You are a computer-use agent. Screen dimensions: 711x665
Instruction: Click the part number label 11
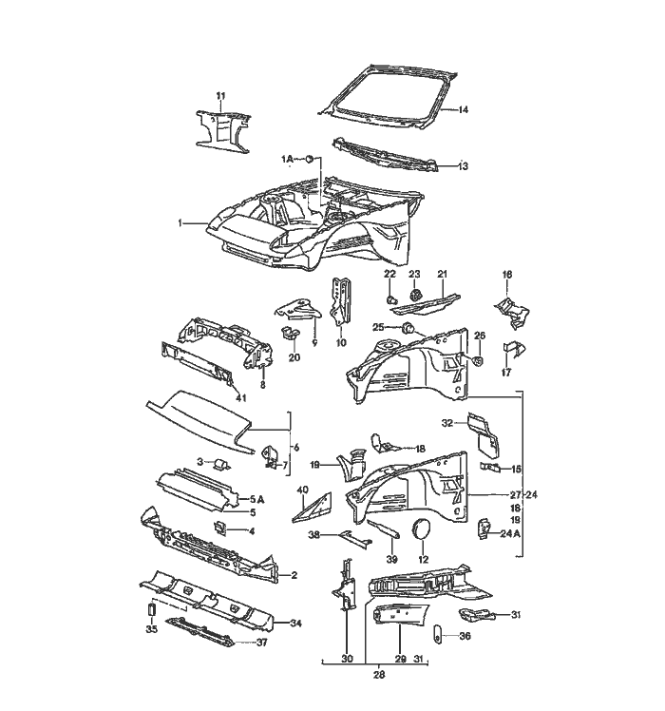tap(220, 96)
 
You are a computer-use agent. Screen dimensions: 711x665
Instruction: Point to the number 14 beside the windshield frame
tap(464, 110)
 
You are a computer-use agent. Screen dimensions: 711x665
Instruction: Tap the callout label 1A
tap(288, 158)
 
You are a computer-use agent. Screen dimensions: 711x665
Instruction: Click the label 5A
tap(256, 499)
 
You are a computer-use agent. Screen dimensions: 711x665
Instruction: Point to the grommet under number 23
tap(415, 296)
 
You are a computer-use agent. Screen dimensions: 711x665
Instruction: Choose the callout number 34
tap(295, 625)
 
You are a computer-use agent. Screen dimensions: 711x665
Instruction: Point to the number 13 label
tap(464, 166)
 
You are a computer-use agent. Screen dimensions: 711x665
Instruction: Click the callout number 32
tap(446, 421)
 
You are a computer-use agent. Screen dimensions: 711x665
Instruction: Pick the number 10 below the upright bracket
tap(341, 342)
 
